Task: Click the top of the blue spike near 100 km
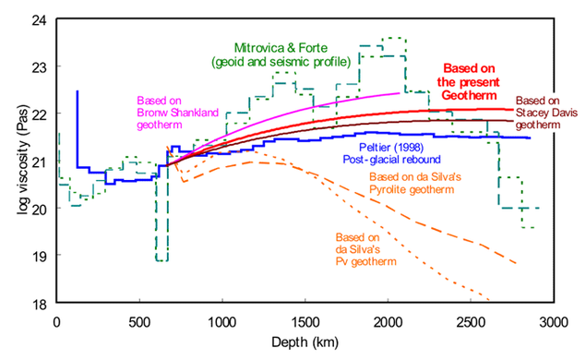click(77, 91)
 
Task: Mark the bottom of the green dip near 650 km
click(161, 260)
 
